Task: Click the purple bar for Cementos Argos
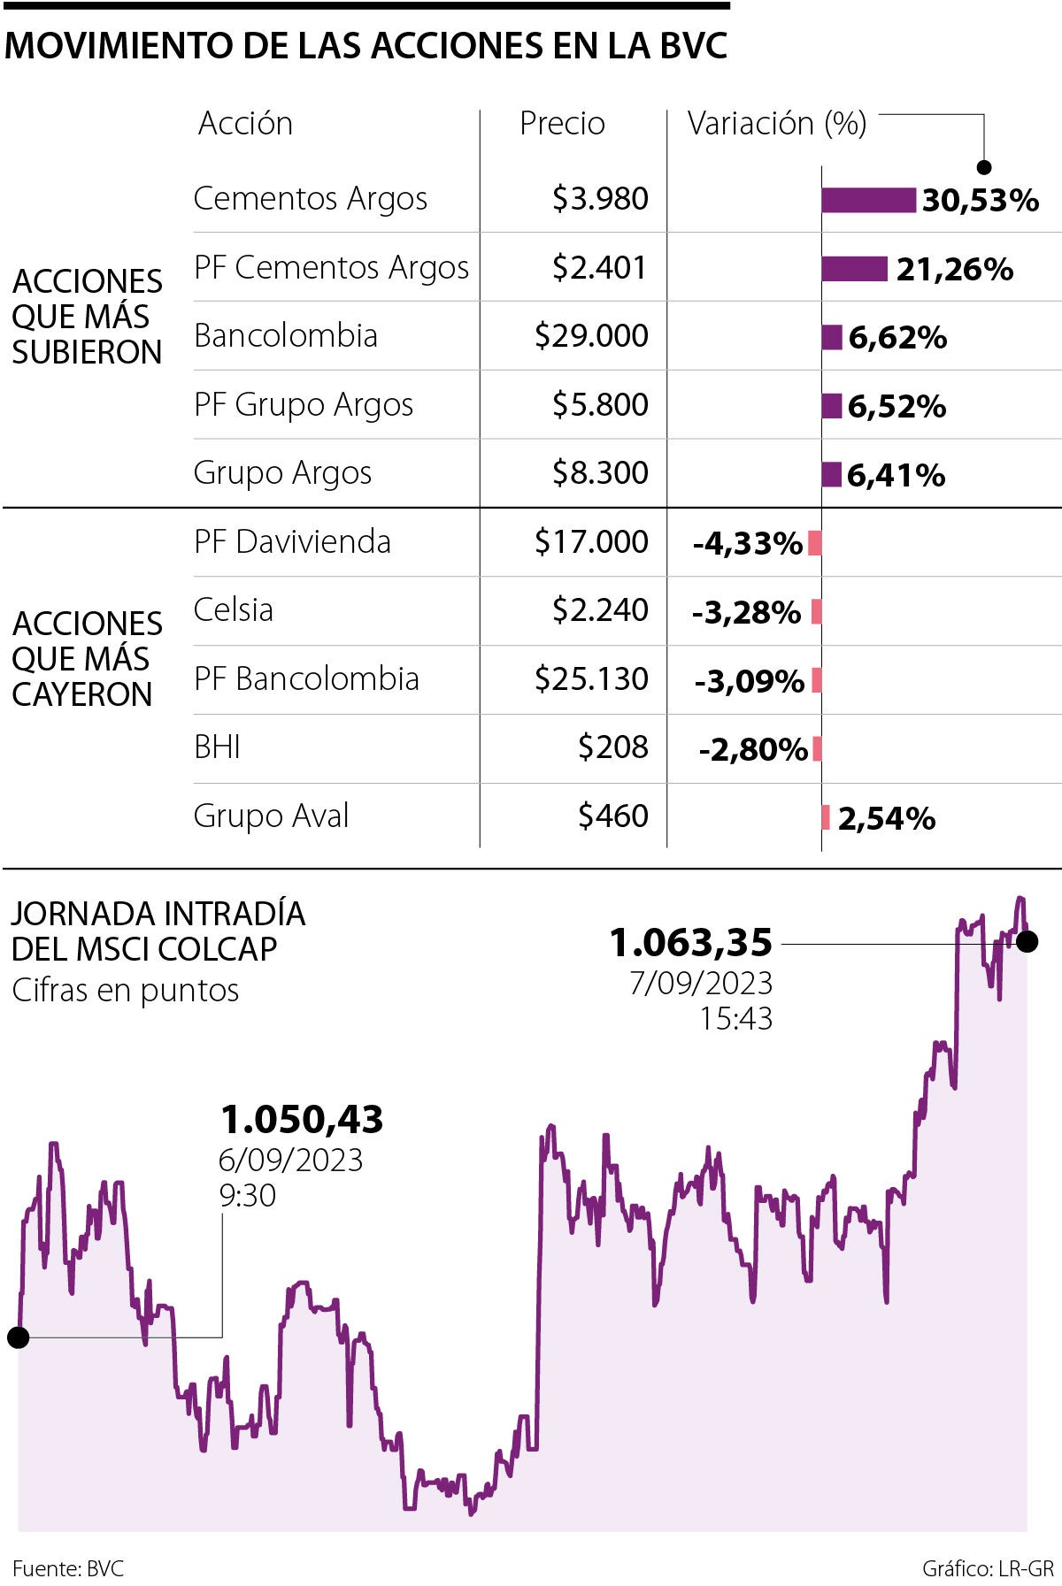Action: point(868,200)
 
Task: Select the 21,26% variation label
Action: point(954,269)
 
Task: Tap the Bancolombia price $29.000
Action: point(591,336)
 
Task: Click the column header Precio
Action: point(562,124)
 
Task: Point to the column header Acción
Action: point(245,124)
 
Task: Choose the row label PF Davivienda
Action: point(292,541)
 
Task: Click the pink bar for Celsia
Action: point(817,611)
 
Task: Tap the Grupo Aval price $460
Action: point(612,816)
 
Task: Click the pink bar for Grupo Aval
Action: point(826,817)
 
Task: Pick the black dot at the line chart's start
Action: point(18,1337)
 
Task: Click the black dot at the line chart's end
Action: point(1027,942)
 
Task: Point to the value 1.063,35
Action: point(691,943)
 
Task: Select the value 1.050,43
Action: point(302,1120)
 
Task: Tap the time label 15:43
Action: point(735,1019)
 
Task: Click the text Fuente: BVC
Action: point(68,1569)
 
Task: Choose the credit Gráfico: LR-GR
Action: point(988,1569)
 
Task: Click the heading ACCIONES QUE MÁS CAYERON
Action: point(87,659)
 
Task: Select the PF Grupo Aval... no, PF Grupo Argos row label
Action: point(304,405)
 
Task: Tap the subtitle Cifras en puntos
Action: point(126,991)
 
